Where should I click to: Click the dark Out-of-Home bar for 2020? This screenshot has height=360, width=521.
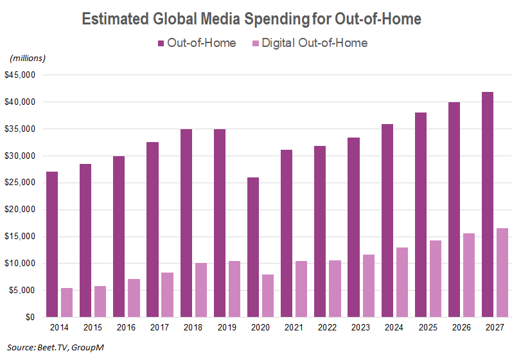[253, 248]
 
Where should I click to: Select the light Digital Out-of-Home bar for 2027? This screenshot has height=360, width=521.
[502, 273]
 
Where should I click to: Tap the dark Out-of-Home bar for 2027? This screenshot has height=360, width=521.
[488, 204]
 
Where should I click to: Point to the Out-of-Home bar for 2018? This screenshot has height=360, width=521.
[186, 223]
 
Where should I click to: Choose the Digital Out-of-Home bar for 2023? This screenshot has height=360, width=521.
[368, 286]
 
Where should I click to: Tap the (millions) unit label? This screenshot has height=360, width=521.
[27, 59]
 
